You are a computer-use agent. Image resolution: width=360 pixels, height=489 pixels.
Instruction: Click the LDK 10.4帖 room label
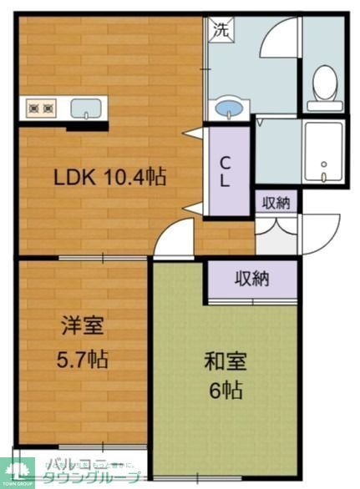[x=109, y=177]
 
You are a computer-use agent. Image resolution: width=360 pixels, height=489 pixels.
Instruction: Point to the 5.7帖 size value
[x=81, y=360]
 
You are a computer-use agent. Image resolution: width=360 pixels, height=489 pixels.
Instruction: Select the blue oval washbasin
[x=228, y=109]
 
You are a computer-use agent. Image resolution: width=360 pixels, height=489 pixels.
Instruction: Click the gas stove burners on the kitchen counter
[x=40, y=108]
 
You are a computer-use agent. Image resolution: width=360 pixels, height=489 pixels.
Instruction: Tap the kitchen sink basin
[x=86, y=108]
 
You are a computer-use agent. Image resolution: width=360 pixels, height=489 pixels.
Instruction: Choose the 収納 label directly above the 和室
[x=250, y=279]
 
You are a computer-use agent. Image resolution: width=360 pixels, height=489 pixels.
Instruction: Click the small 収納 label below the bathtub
[x=276, y=201]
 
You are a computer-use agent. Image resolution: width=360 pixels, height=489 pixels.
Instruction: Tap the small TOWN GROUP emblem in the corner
[x=16, y=475]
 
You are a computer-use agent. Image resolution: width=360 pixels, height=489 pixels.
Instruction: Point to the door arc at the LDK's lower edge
[x=172, y=242]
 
